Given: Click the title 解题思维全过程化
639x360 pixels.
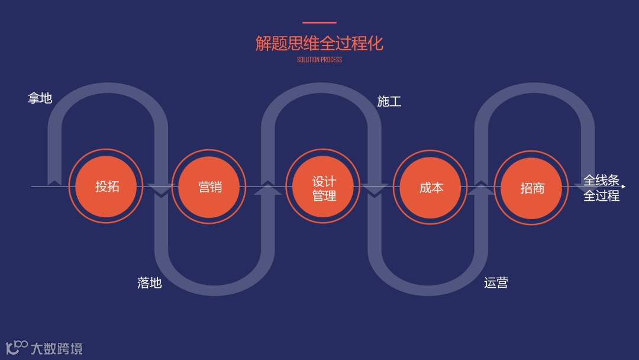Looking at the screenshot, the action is coord(319,43).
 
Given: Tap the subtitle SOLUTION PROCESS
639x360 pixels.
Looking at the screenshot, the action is coord(319,60).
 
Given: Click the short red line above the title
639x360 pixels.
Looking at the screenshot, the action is coord(319,23).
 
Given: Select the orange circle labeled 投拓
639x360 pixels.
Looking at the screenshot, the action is coord(106,187).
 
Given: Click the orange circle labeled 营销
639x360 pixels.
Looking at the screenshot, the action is coord(209,187).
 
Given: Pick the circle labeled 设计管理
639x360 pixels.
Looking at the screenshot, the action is coord(323,187).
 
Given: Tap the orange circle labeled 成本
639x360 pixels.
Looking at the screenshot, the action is coord(431,188).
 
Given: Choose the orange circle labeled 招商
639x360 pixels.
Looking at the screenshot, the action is coord(531,188).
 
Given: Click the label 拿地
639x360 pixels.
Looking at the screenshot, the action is coord(40,98).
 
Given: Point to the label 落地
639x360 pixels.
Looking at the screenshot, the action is coord(149,282).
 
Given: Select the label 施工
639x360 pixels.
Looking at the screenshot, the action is coord(389,101).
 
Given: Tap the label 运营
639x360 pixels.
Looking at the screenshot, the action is coord(496,282).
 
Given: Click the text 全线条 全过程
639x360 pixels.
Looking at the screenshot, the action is coord(601,188).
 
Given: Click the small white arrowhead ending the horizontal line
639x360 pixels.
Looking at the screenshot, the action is coord(623,187).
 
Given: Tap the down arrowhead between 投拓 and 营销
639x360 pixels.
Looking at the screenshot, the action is coord(161,191).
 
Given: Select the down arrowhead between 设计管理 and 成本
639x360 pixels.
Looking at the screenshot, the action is coord(375,191).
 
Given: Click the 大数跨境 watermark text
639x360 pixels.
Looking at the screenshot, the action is coord(57,348).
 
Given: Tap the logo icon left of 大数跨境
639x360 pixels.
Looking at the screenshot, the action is coord(16,347).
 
